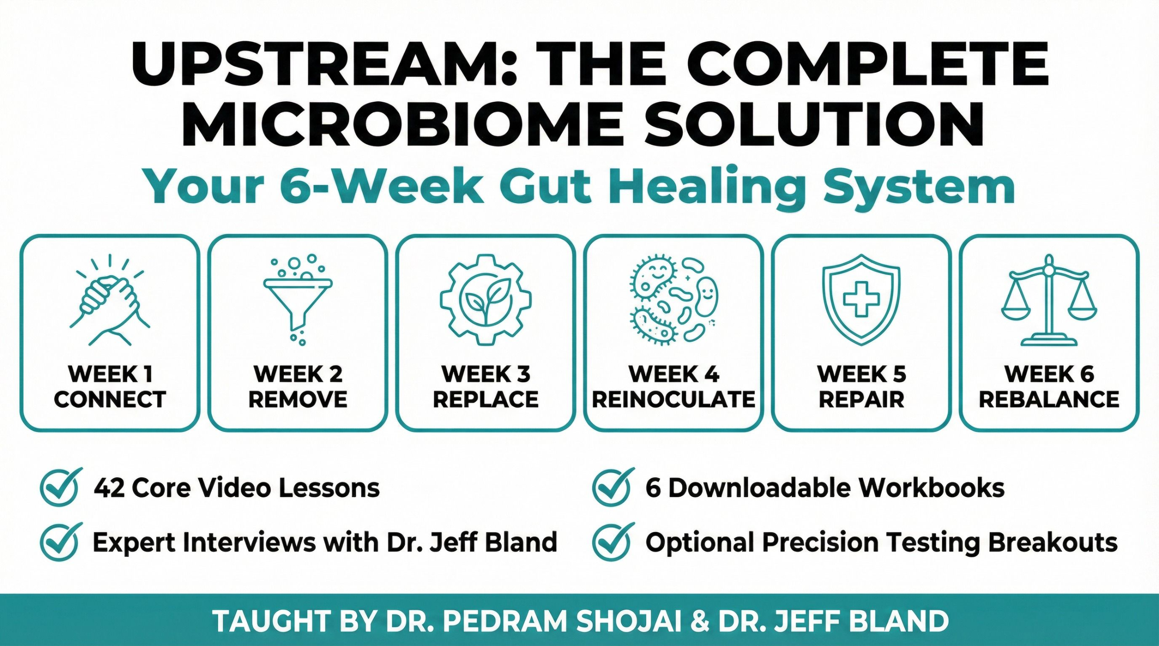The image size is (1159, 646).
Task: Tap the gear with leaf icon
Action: [x=485, y=300]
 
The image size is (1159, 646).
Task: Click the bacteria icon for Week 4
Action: [x=674, y=300]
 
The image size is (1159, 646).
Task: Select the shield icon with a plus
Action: [x=861, y=300]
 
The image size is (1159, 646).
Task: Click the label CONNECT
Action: [x=110, y=399]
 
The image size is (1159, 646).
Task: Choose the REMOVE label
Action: [x=298, y=399]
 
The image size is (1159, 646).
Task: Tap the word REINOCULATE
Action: [x=674, y=399]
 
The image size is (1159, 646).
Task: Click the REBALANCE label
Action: [x=1049, y=399]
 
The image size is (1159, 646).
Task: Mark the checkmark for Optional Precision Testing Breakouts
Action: [x=612, y=541]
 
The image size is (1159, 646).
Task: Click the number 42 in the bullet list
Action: [x=109, y=488]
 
